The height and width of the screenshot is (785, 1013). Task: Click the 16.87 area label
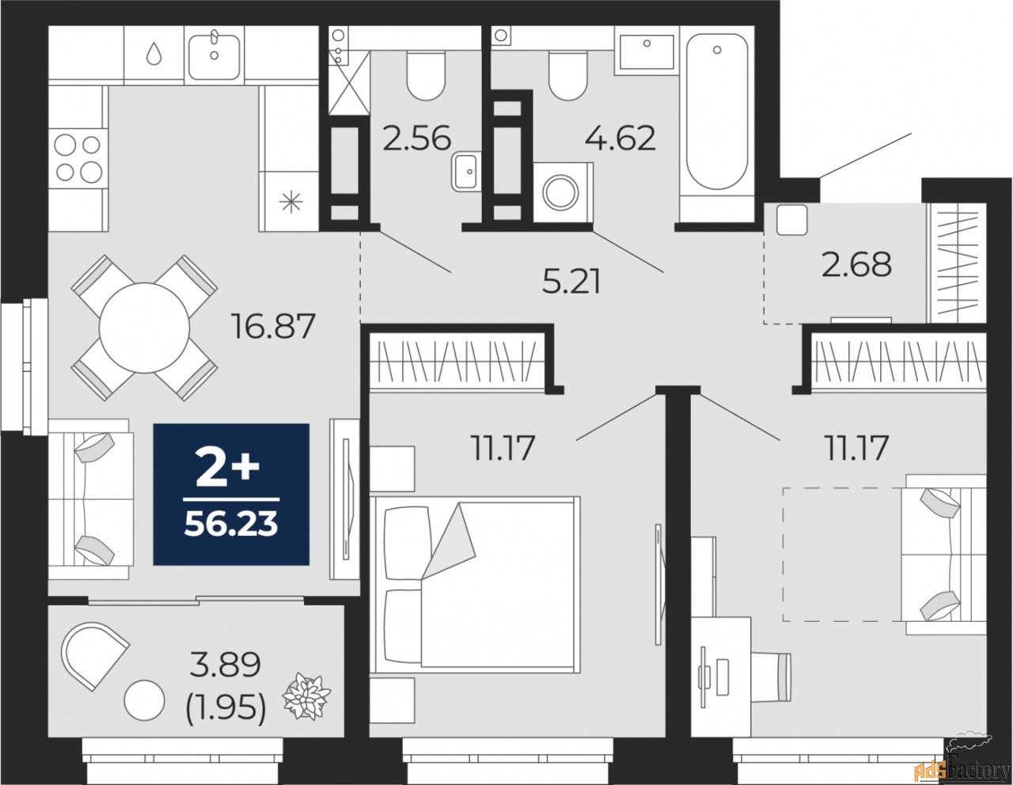pyautogui.click(x=272, y=324)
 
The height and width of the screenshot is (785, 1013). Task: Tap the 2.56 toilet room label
pyautogui.click(x=416, y=138)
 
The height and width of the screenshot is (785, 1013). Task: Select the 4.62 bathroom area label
pyautogui.click(x=620, y=138)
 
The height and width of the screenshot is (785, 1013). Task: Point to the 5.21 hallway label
pyautogui.click(x=571, y=281)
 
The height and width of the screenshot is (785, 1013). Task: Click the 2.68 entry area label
pyautogui.click(x=856, y=264)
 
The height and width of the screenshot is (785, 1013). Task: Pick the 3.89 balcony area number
pyautogui.click(x=225, y=666)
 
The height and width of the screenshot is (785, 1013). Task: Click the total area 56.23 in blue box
pyautogui.click(x=230, y=524)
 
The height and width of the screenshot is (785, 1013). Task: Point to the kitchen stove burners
pyautogui.click(x=78, y=157)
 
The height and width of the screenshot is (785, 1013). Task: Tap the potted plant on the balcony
pyautogui.click(x=308, y=696)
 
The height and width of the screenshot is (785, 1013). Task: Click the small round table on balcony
pyautogui.click(x=144, y=700)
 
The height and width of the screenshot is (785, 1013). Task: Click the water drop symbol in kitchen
pyautogui.click(x=154, y=54)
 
